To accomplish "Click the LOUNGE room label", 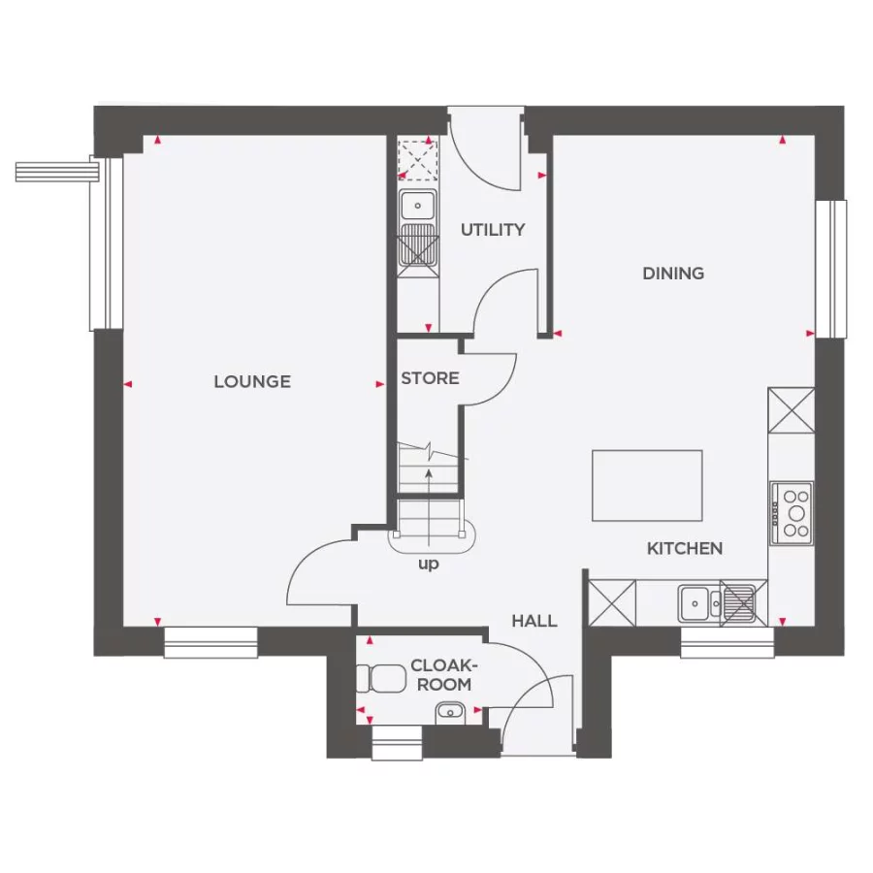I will [x=252, y=381].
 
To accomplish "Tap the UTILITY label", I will [x=493, y=230].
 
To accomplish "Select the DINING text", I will [x=673, y=274].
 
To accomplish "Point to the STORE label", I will [x=430, y=378].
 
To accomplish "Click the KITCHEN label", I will [x=685, y=549].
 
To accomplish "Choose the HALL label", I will [x=534, y=621].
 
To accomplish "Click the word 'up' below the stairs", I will [x=427, y=565].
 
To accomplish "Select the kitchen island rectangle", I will [x=647, y=485].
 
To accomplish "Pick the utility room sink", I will [x=418, y=205].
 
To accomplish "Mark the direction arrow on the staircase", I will [x=427, y=475].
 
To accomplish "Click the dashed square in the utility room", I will [x=418, y=159].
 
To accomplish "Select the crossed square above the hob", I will [x=791, y=409].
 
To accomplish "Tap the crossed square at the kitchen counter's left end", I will [x=612, y=602].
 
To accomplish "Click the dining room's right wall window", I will [x=830, y=268].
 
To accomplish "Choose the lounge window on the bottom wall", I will [x=210, y=641].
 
